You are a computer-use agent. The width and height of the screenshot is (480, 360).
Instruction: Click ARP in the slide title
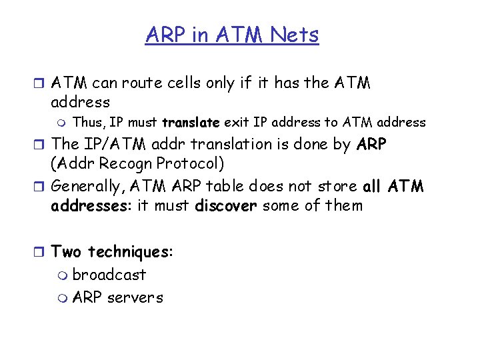(164, 34)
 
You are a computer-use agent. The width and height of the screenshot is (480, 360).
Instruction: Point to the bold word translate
(191, 123)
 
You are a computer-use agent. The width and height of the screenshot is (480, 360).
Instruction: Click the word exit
(235, 123)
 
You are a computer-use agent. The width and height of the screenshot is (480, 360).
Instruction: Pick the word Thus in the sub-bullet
(87, 123)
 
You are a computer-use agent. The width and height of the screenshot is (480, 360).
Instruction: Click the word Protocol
(185, 164)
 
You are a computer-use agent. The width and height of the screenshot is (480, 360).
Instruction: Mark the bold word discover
(226, 205)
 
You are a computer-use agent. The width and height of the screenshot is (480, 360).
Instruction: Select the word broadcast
(109, 275)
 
